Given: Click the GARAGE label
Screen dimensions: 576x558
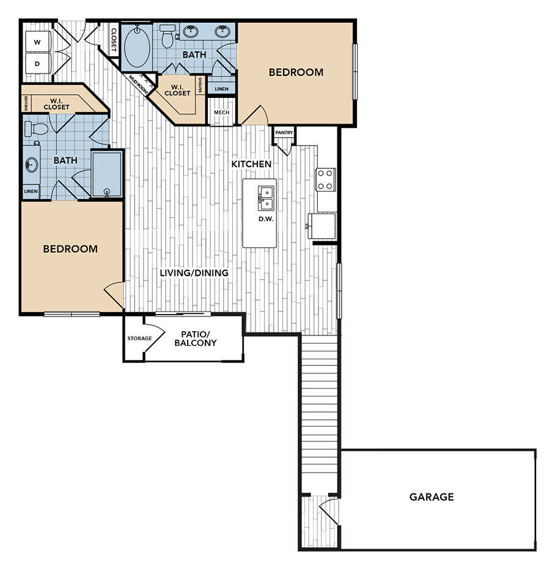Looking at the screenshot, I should pyautogui.click(x=431, y=496).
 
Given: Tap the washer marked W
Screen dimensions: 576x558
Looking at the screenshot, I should pyautogui.click(x=37, y=42).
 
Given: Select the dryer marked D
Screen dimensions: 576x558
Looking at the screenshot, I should pyautogui.click(x=37, y=64).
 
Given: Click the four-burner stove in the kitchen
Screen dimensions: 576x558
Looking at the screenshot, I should pyautogui.click(x=325, y=179).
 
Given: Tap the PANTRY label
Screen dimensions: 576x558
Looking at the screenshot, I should pyautogui.click(x=284, y=132).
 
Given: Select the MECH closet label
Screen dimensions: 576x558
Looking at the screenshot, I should pyautogui.click(x=221, y=113).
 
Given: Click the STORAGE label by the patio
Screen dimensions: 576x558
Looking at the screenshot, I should pyautogui.click(x=139, y=338).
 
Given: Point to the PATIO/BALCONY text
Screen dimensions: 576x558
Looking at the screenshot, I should pyautogui.click(x=196, y=338).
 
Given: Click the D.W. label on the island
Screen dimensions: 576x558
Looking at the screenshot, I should pyautogui.click(x=265, y=219).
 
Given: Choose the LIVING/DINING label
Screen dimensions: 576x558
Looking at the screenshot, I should pyautogui.click(x=194, y=273).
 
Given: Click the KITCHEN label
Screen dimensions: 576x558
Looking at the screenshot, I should pyautogui.click(x=251, y=164).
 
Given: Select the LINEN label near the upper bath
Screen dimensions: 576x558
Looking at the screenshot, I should pyautogui.click(x=221, y=89).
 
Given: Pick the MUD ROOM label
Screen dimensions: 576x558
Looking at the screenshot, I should pyautogui.click(x=139, y=83).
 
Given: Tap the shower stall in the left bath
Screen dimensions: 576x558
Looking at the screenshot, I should pyautogui.click(x=107, y=174).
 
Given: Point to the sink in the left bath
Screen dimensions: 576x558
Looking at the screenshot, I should pyautogui.click(x=32, y=165).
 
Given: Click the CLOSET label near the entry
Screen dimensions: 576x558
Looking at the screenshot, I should pyautogui.click(x=114, y=39).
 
